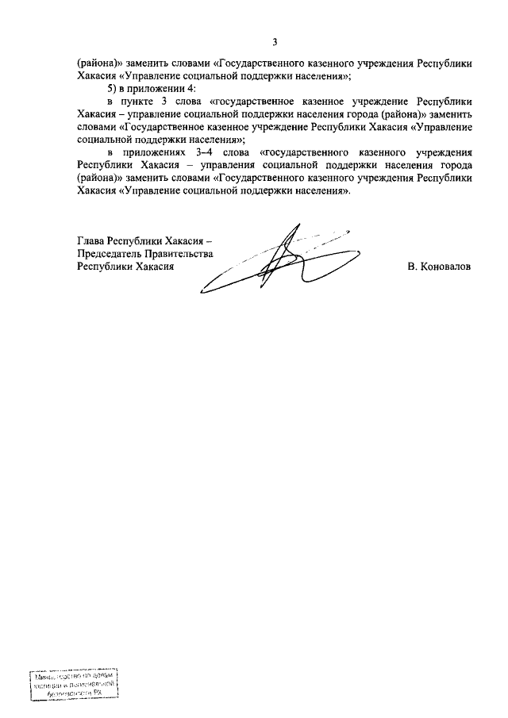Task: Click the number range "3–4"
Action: (x=203, y=152)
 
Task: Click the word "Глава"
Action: (x=91, y=240)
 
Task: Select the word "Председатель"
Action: (x=107, y=253)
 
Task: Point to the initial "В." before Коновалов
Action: (x=413, y=267)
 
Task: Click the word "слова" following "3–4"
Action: (x=236, y=152)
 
